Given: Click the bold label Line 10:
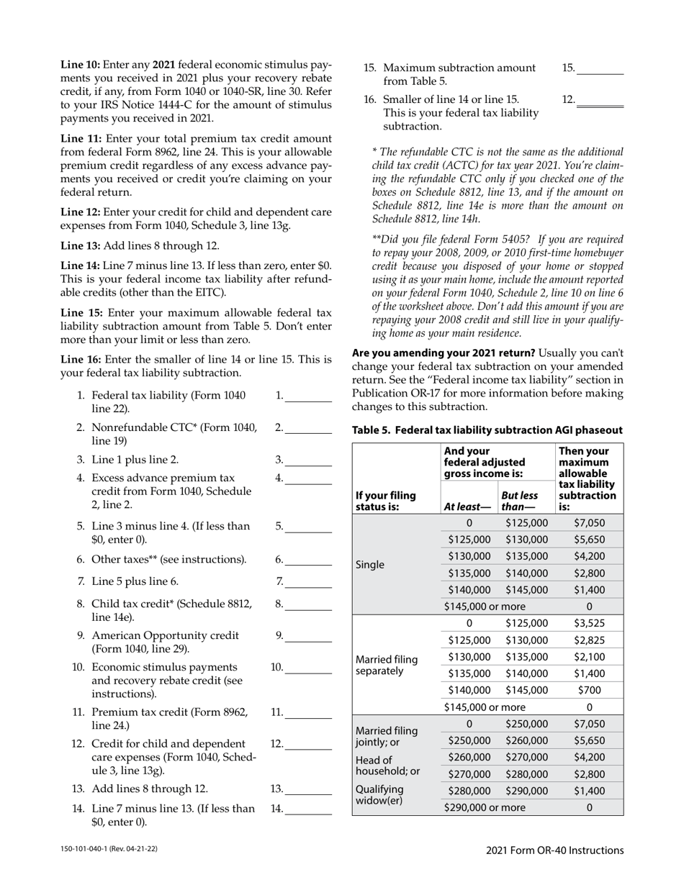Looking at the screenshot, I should [x=80, y=64].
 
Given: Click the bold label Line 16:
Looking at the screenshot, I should [x=81, y=359].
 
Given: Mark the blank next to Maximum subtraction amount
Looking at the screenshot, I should [x=600, y=69].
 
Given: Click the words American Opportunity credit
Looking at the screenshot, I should [x=166, y=635].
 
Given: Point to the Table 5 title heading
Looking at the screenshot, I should [x=487, y=430].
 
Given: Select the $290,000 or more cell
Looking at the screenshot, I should [x=485, y=807].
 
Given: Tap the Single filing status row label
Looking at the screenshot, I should [x=371, y=565].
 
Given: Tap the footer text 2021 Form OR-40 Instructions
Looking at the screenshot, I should [x=554, y=850].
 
